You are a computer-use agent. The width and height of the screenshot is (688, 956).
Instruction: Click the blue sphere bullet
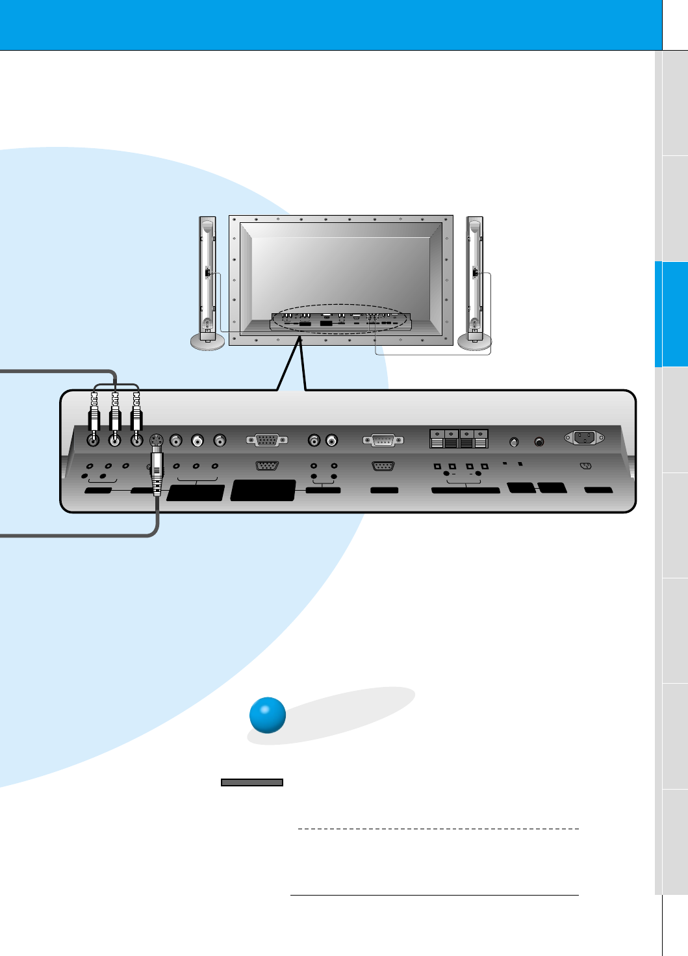[x=268, y=715]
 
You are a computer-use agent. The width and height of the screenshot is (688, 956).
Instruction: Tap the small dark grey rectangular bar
[x=252, y=782]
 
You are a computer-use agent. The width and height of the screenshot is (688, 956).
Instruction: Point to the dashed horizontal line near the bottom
[x=438, y=829]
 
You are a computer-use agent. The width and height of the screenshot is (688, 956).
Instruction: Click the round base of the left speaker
[x=207, y=342]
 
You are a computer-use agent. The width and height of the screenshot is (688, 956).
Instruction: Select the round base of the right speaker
[x=474, y=342]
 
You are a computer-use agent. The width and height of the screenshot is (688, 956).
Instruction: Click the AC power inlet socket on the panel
[x=584, y=437]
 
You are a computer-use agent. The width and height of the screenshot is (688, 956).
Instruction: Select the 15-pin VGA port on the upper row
[x=267, y=440]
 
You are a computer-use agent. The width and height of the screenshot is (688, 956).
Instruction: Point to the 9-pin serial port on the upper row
[x=383, y=441]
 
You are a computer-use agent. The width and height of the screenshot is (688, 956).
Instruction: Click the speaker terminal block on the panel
[x=459, y=439]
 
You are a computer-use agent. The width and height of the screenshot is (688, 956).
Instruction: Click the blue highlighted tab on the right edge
[x=671, y=314]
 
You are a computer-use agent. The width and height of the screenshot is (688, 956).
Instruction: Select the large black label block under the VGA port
[x=263, y=490]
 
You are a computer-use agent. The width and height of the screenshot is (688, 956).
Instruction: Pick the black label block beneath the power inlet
[x=598, y=490]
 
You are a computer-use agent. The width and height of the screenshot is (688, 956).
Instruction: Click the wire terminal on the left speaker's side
[x=207, y=273]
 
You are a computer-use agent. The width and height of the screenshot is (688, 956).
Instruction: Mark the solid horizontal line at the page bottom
[x=434, y=895]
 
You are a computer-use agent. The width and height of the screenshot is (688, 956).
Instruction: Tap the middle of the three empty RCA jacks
[x=197, y=441]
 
